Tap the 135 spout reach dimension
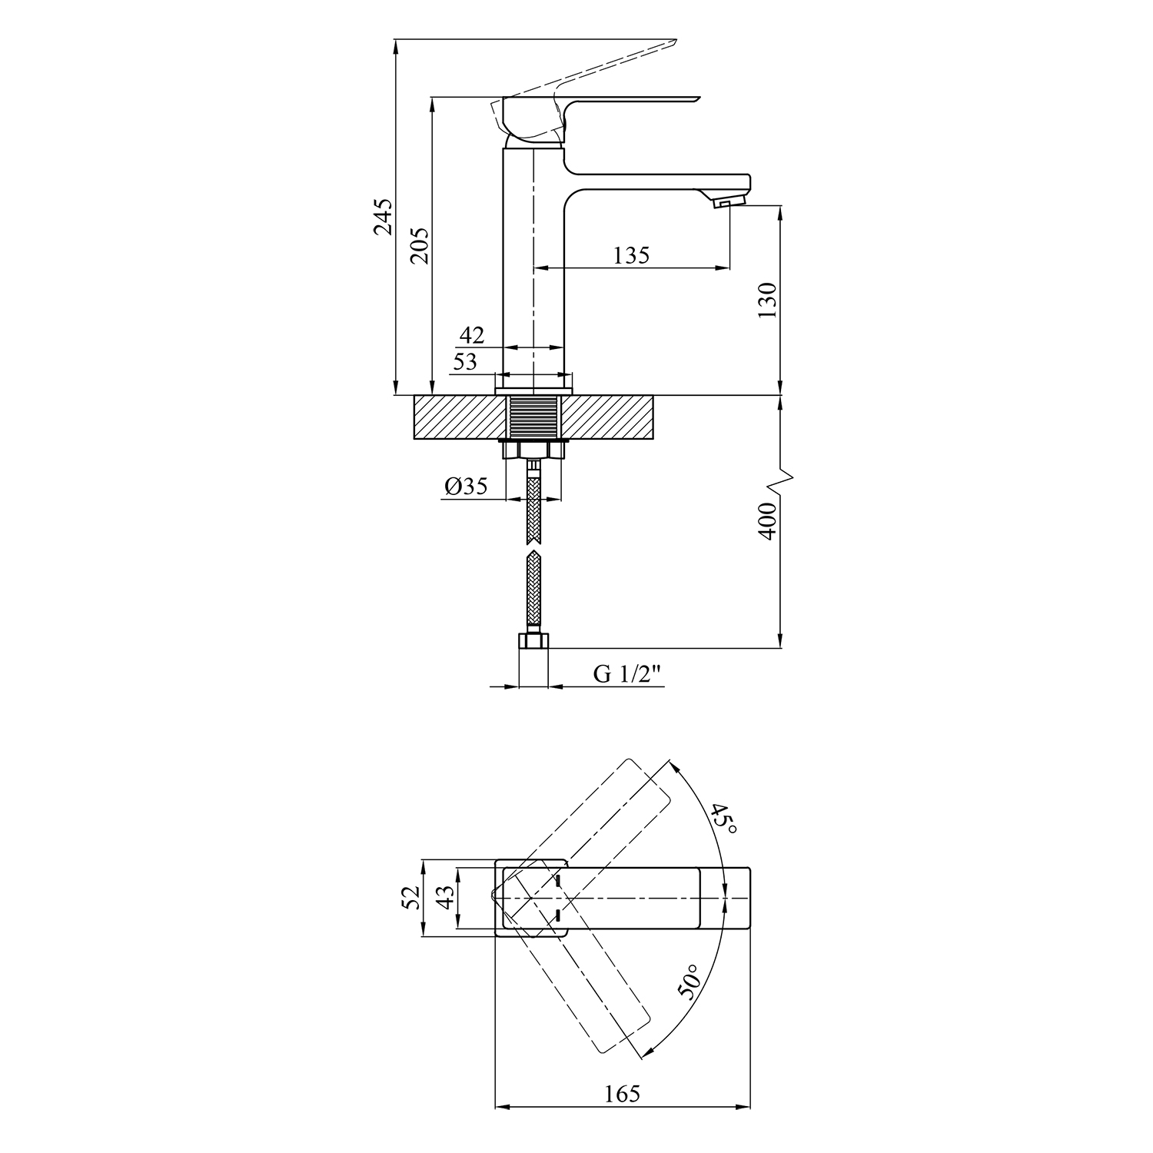pyautogui.click(x=632, y=254)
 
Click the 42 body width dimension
pyautogui.click(x=472, y=335)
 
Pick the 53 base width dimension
pyautogui.click(x=464, y=361)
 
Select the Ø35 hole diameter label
pyautogui.click(x=466, y=486)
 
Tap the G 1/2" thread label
pyautogui.click(x=627, y=674)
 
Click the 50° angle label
pyautogui.click(x=689, y=982)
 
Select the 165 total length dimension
pyautogui.click(x=622, y=1093)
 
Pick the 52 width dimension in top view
pyautogui.click(x=412, y=898)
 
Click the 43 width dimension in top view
pyautogui.click(x=446, y=898)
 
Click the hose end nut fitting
pyautogui.click(x=533, y=640)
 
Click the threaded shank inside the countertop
pyautogui.click(x=533, y=417)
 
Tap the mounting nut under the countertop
pyautogui.click(x=533, y=450)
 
